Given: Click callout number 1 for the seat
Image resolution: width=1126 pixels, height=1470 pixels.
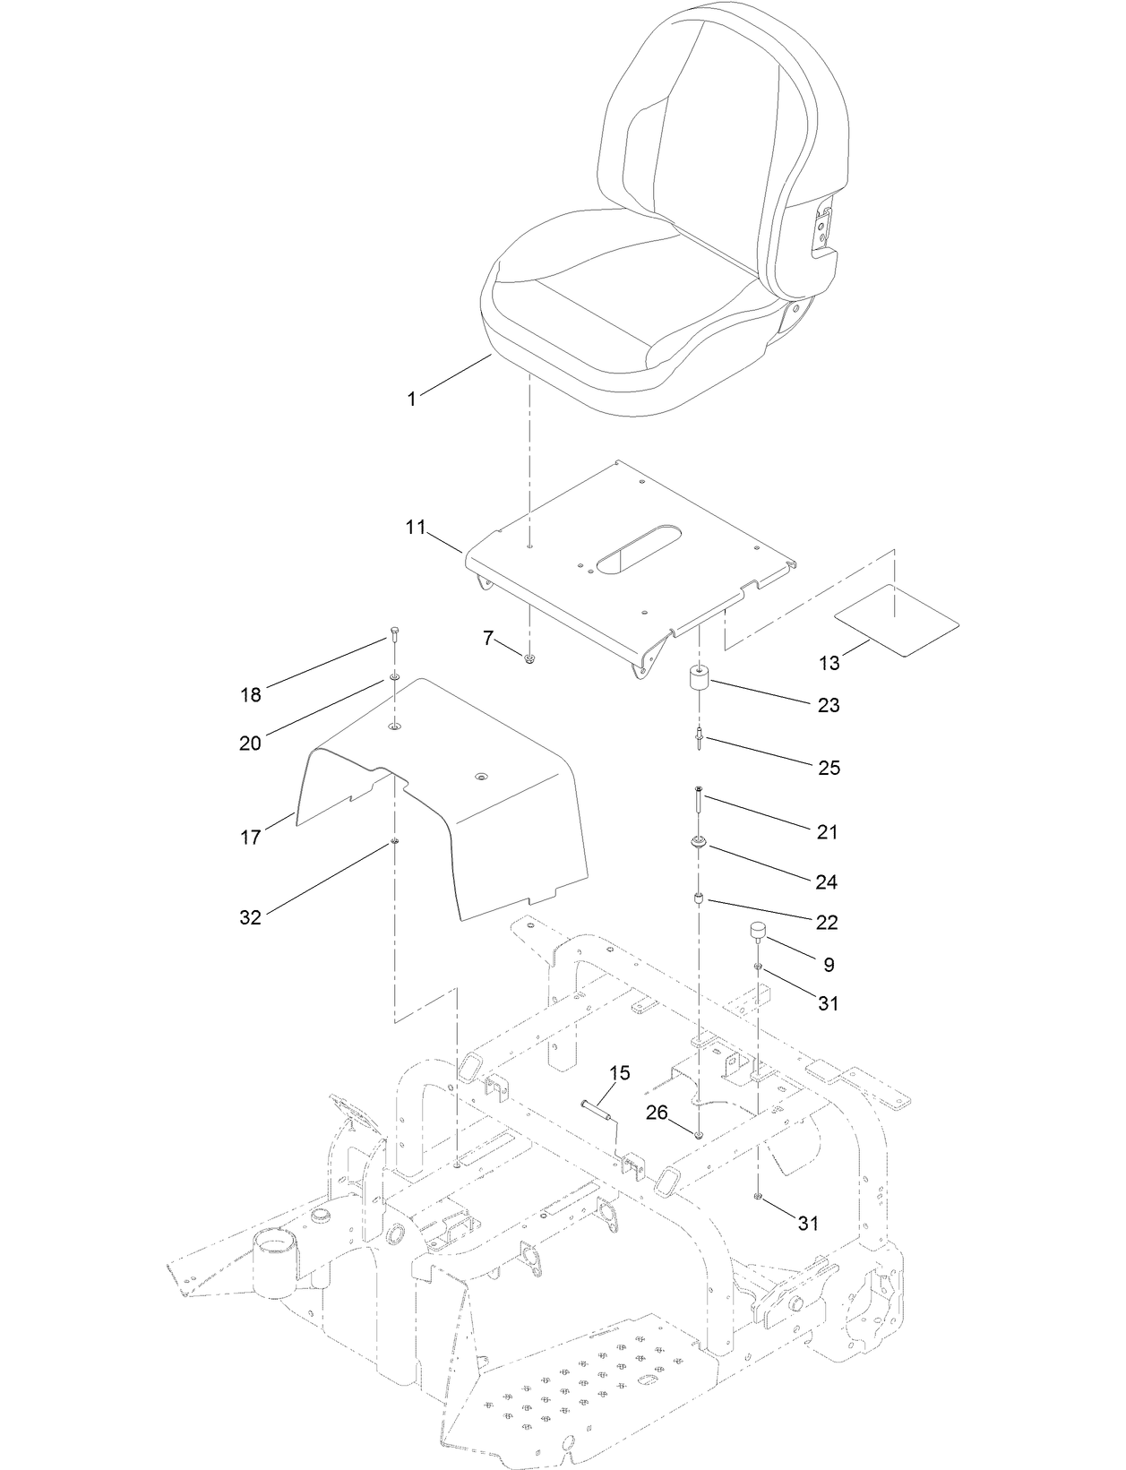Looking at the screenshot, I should point(412,400).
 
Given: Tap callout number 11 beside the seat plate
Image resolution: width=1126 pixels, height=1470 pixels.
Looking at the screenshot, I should point(415,528).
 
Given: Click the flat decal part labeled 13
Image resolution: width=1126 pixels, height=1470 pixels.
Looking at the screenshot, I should point(897,621).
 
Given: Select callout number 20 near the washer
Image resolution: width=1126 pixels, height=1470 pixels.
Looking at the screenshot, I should point(250,743).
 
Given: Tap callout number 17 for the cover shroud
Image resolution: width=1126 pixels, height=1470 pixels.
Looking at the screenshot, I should point(251,837).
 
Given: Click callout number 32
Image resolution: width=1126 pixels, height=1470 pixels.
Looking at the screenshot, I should point(250,917).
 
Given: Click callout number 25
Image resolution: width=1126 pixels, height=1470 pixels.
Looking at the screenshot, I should point(829,768).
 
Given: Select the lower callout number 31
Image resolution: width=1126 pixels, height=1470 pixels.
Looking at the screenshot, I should point(808,1223).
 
